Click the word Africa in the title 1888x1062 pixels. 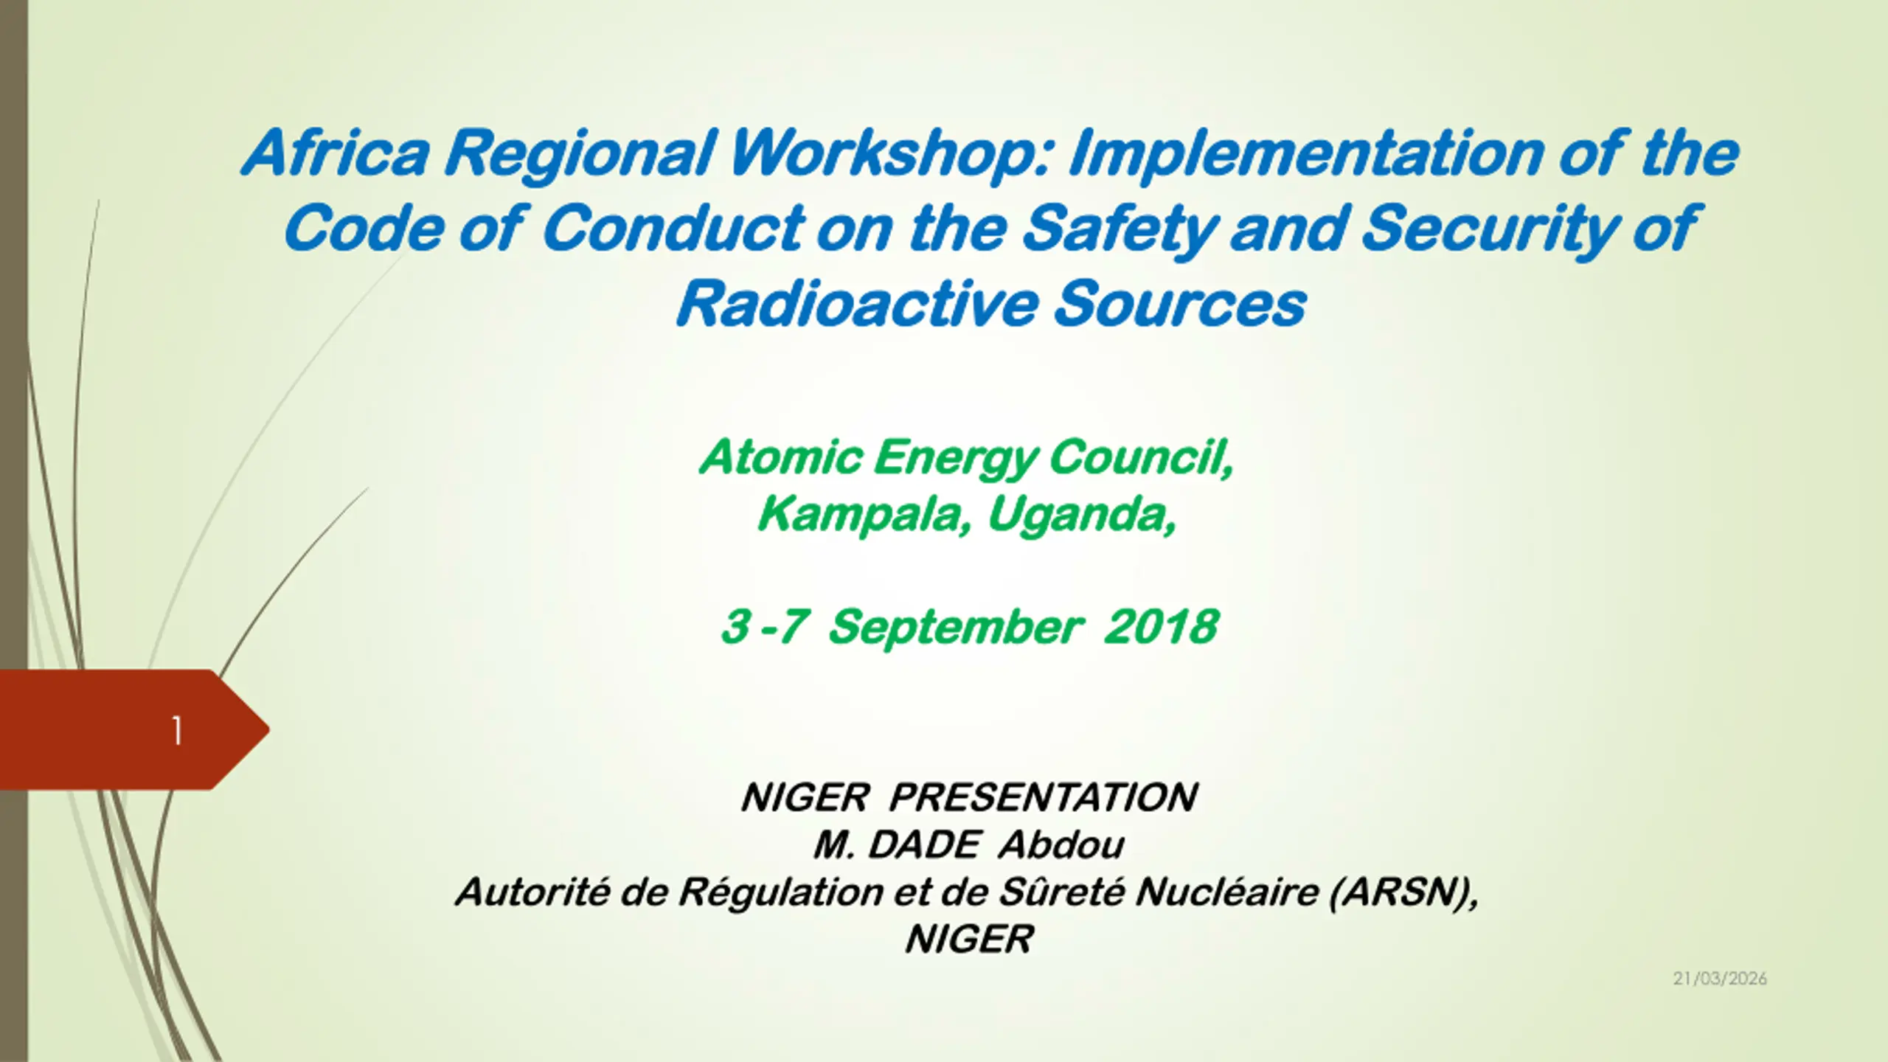coord(336,153)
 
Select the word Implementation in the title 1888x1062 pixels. coord(1306,154)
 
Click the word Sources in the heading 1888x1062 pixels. coord(1180,305)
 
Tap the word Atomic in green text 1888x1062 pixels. coord(781,457)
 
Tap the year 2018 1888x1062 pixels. coord(1161,627)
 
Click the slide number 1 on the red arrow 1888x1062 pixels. coord(177,731)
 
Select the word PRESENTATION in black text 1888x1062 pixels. coord(1043,797)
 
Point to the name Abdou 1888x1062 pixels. coord(1061,845)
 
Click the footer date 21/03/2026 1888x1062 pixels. coord(1720,979)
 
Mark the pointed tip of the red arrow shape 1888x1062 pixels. coord(269,730)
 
